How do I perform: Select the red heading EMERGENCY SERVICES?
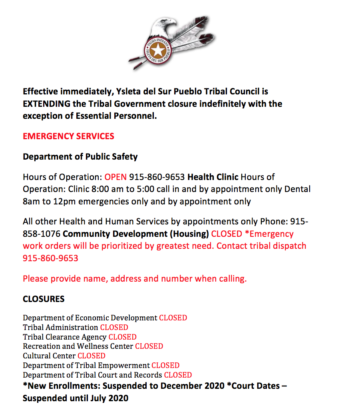[x=68, y=136]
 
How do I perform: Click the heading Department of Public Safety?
[x=80, y=157]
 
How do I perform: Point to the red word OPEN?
[x=115, y=177]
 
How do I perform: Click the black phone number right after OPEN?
[x=157, y=177]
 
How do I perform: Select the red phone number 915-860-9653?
[x=50, y=258]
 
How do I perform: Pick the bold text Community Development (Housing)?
[x=136, y=234]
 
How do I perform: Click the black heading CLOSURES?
[x=44, y=299]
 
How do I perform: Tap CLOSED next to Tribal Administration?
[x=114, y=328]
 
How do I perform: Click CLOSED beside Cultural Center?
[x=91, y=356]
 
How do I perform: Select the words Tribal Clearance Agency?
[x=65, y=337]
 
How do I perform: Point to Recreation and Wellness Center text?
[x=78, y=346]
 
